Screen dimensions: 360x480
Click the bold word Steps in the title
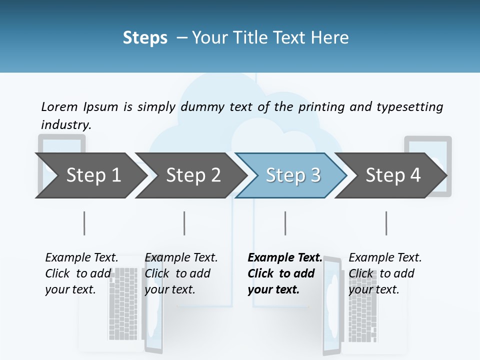[x=145, y=37]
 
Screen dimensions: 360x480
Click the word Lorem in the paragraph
[x=59, y=106]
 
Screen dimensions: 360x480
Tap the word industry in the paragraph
[x=66, y=124]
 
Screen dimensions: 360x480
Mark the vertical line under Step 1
[x=84, y=223]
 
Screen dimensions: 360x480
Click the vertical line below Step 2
[x=184, y=223]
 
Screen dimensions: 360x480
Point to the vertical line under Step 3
[x=285, y=223]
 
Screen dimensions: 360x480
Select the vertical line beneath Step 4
[x=386, y=223]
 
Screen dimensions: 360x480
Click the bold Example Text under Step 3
[x=285, y=257]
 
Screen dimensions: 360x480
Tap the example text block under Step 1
[x=81, y=273]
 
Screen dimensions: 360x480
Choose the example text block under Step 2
[x=181, y=273]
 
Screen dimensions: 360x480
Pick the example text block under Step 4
[x=385, y=273]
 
